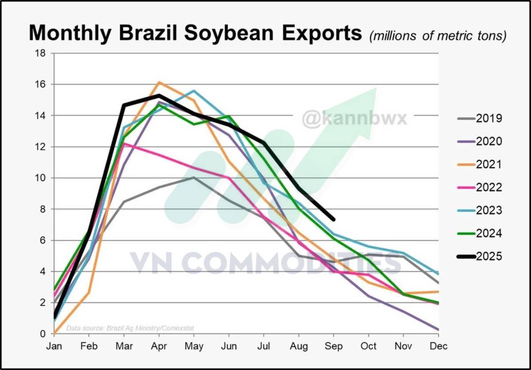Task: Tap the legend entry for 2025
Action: [480, 256]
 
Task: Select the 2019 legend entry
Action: [480, 118]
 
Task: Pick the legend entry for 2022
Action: [480, 187]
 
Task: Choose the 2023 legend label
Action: [480, 210]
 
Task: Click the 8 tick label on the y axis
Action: [43, 209]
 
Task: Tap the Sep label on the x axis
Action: [334, 347]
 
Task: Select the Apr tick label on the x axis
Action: [159, 347]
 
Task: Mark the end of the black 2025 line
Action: [333, 219]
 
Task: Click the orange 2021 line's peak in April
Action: [159, 82]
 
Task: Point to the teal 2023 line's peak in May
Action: [194, 91]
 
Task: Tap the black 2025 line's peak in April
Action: [159, 95]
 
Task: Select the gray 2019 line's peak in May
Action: [194, 178]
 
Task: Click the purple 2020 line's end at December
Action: [438, 330]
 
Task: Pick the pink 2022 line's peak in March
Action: [124, 144]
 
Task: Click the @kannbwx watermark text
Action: [354, 118]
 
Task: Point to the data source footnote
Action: [130, 328]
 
